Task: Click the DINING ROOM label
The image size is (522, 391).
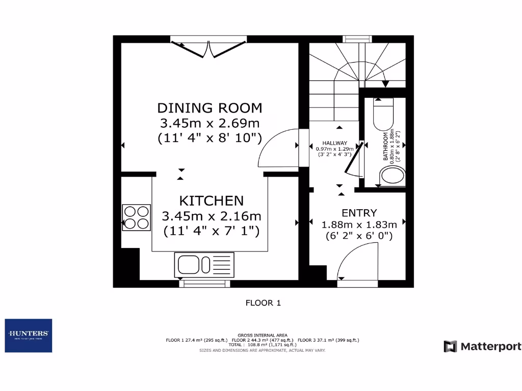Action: point(210,108)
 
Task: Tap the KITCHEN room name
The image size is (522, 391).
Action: point(211,200)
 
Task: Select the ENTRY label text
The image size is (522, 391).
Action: point(359,213)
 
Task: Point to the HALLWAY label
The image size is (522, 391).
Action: point(334,144)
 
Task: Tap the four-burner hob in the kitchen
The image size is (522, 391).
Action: point(137,217)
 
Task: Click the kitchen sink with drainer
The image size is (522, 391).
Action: point(204,265)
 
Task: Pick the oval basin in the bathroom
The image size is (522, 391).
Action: point(393,177)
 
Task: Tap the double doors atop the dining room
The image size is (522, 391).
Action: point(208,48)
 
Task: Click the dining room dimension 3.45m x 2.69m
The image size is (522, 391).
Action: point(210,123)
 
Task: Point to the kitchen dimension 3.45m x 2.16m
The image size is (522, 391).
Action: point(211,216)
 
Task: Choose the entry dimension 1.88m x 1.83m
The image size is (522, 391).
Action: point(359,225)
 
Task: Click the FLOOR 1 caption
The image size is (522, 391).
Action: point(263,303)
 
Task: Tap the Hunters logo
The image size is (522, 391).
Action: point(29,336)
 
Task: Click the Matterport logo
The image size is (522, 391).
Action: point(482,347)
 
